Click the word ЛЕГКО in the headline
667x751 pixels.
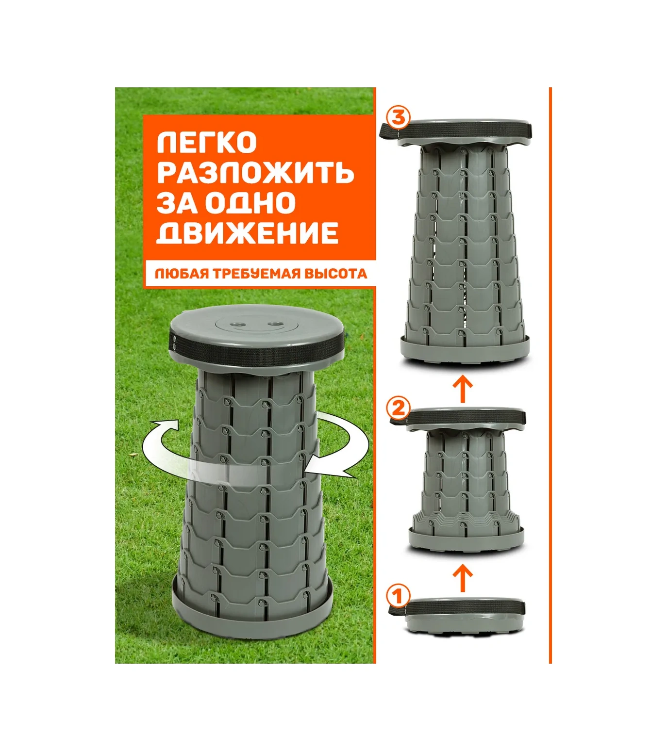coord(207,142)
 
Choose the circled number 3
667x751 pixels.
coord(398,118)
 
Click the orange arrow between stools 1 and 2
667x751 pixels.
coord(463,578)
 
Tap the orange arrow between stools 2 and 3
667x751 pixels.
coord(463,389)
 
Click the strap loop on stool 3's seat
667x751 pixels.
coord(389,131)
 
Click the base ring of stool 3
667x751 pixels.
coord(465,350)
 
